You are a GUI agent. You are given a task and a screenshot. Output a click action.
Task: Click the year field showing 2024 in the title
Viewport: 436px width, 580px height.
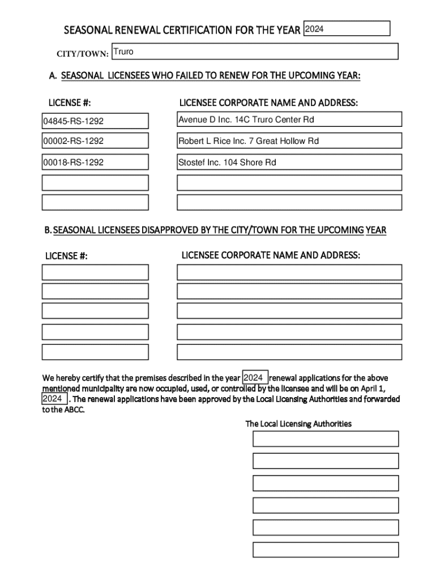click(347, 28)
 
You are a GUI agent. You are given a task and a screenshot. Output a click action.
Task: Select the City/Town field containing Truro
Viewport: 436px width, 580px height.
click(254, 52)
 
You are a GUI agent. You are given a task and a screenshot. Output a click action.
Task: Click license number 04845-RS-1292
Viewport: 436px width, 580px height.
click(95, 121)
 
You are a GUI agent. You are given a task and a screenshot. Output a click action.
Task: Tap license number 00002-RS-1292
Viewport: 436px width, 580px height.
click(95, 141)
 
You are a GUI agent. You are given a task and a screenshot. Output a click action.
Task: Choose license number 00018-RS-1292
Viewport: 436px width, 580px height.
click(95, 163)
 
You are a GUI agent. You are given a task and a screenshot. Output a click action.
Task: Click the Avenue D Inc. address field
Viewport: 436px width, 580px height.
click(289, 120)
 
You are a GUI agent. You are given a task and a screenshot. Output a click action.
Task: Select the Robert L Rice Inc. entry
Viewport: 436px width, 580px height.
click(289, 141)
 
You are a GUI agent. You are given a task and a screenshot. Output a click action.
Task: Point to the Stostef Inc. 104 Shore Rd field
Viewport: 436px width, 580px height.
click(289, 163)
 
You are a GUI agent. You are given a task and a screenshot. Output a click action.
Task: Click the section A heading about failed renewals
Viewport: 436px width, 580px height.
click(204, 76)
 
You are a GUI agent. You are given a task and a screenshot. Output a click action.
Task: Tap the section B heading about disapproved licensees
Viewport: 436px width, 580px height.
click(215, 230)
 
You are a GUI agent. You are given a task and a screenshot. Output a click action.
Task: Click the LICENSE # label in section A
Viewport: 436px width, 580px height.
click(70, 103)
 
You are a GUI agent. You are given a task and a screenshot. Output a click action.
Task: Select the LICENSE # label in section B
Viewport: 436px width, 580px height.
click(66, 256)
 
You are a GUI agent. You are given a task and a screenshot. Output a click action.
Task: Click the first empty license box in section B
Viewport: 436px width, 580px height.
click(95, 272)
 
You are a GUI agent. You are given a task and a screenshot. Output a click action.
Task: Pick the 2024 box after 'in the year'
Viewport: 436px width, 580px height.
click(255, 378)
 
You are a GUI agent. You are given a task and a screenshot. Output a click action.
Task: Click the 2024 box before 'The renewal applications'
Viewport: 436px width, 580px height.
click(54, 399)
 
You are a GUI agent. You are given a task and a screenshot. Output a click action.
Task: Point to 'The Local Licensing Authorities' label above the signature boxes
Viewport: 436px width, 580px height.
click(298, 424)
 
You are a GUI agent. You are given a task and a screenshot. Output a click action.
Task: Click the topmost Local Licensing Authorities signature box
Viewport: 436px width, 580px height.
click(326, 439)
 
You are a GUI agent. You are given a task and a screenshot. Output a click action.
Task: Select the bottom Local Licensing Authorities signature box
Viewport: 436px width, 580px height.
click(326, 549)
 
